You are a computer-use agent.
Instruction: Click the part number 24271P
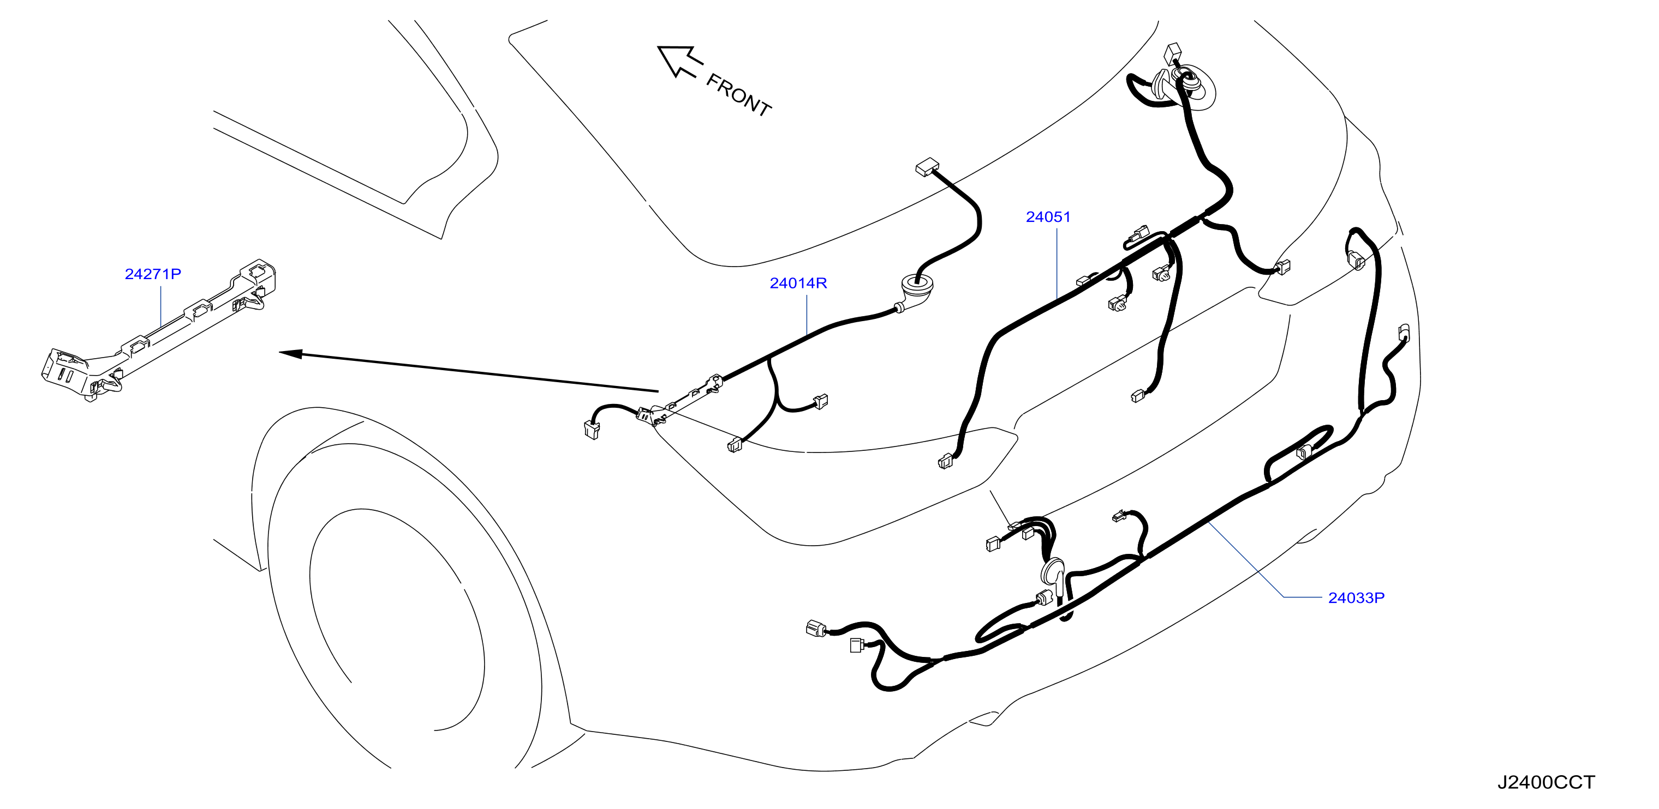click(x=153, y=274)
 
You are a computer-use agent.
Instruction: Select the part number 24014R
click(x=798, y=282)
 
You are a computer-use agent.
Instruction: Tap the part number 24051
click(x=1048, y=217)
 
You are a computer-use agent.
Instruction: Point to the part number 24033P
click(x=1356, y=598)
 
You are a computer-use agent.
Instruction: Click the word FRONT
click(x=739, y=95)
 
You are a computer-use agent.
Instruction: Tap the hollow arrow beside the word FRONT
click(x=679, y=61)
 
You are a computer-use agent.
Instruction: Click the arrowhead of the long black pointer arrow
click(x=290, y=353)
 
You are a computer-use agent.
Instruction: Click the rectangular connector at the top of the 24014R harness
click(x=927, y=168)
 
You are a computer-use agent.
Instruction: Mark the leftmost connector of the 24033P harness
click(x=816, y=628)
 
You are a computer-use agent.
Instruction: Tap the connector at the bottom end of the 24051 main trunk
click(x=945, y=461)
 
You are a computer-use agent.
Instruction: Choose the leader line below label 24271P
click(x=160, y=307)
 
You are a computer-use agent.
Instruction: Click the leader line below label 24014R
click(x=807, y=313)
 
